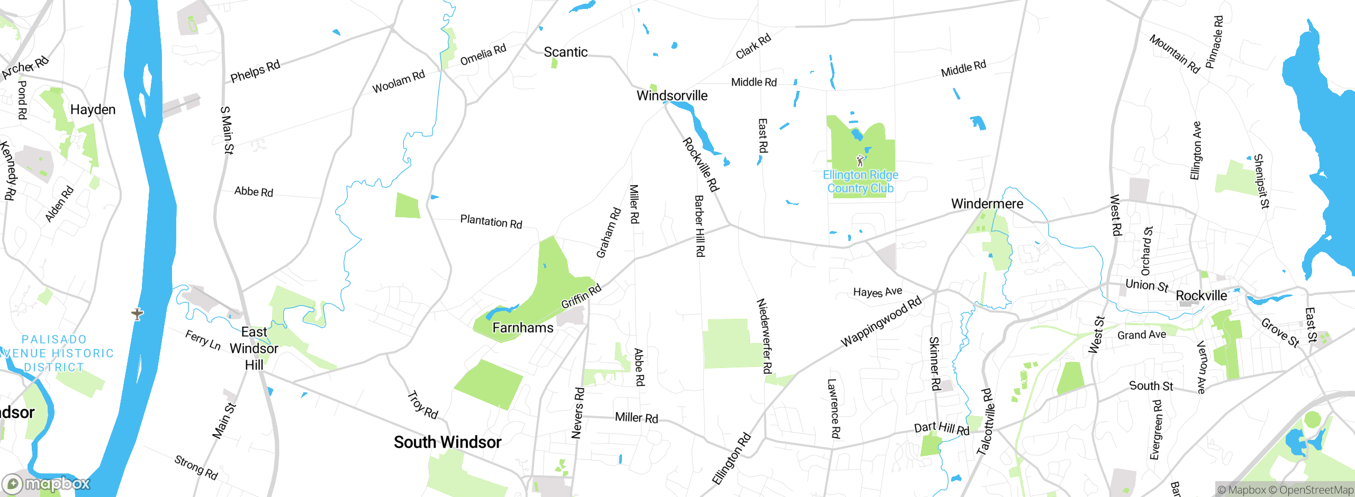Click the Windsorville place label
tap(672, 96)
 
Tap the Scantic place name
tap(565, 52)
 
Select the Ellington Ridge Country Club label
tap(860, 181)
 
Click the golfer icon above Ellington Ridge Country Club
tap(860, 160)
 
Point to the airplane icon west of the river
tap(138, 314)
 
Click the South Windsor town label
tap(447, 442)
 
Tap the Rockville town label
tap(1201, 296)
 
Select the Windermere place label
tap(987, 204)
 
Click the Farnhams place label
tap(522, 328)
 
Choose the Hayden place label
tap(93, 109)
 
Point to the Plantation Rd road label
tap(491, 221)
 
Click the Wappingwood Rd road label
tap(881, 321)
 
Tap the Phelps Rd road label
tap(255, 71)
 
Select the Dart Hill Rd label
tap(941, 428)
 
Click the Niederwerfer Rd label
tap(764, 336)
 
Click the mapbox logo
tap(47, 483)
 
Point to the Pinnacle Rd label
tap(1214, 42)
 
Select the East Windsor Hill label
tap(254, 348)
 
